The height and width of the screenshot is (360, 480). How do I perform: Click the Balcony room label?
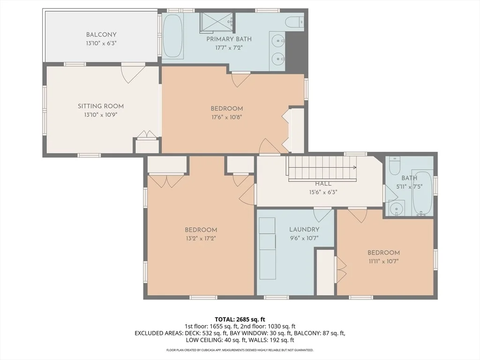click(x=101, y=35)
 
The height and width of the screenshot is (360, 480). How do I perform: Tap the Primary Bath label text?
click(x=229, y=39)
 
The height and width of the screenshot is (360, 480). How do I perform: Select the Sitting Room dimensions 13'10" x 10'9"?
click(x=101, y=115)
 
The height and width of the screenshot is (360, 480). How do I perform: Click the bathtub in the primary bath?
click(x=172, y=36)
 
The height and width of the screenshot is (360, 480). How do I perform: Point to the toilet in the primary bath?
click(x=294, y=22)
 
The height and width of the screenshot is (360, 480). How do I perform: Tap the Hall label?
click(x=323, y=184)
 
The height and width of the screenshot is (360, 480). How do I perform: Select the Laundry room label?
click(x=304, y=229)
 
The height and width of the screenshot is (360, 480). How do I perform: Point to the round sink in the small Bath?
click(x=397, y=209)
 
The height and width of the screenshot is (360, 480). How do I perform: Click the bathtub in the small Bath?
click(x=422, y=192)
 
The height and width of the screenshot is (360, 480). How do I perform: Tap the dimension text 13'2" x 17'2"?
click(x=201, y=239)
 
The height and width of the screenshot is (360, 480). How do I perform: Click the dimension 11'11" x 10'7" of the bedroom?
click(x=383, y=261)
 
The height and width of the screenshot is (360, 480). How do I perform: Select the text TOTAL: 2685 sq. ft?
click(x=240, y=320)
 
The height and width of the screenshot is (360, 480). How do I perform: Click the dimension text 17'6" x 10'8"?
click(x=226, y=117)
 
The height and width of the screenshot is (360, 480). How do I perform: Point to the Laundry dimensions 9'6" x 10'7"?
click(x=304, y=238)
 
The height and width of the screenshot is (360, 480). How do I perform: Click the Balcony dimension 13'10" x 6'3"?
click(x=101, y=43)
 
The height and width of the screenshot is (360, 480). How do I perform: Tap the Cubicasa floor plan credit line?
click(x=240, y=350)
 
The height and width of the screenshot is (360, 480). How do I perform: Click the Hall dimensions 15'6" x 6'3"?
click(x=323, y=192)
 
